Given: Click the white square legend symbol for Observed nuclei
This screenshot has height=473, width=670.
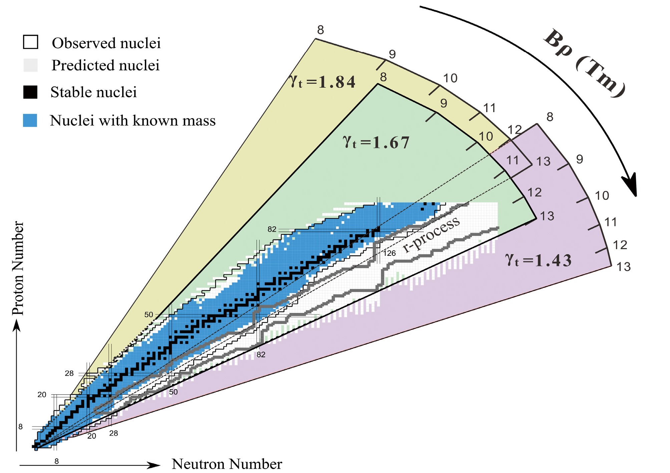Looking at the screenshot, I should coord(30,42).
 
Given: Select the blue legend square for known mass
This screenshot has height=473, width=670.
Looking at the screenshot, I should coord(30,120).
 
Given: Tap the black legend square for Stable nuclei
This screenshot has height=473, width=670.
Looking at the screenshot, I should coord(30,92).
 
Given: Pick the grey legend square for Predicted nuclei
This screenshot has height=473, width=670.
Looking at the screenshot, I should coord(30,65).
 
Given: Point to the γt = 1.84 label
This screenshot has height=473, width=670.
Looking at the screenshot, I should coord(322,82).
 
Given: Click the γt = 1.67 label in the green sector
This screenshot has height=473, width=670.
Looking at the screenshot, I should coord(376,142).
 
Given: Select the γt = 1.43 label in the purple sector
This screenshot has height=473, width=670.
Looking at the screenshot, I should coord(538,260).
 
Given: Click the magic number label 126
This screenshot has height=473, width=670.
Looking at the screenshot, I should coord(389,253).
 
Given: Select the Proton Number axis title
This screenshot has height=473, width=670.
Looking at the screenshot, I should coord(18,268).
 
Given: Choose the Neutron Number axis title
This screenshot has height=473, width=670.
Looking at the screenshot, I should coord(227,464).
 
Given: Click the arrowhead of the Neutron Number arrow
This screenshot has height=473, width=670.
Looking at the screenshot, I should coord(155,465).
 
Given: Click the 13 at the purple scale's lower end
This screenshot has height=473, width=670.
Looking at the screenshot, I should coord(623,267).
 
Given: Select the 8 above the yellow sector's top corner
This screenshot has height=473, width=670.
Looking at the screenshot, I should coord(320,30).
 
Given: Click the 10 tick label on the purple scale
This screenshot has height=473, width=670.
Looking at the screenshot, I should coord(602,195).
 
